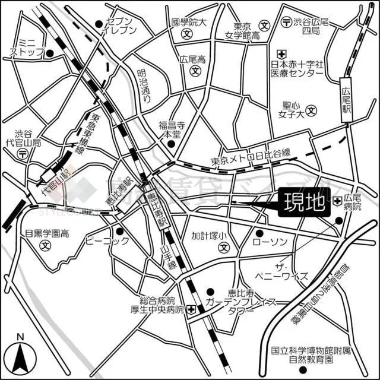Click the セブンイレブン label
(119, 23)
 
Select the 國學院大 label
(188, 23)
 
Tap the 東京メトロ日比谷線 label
(251, 161)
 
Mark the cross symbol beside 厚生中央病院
(191, 309)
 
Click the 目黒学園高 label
(43, 233)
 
